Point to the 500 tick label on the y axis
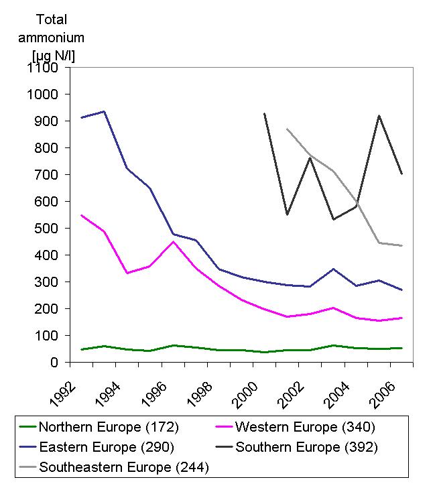48,228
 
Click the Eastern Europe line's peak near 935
104,111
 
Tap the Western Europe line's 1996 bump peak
173,241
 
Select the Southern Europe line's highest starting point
265,114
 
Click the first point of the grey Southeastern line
288,129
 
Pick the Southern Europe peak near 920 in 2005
379,115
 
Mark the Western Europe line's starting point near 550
81,215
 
